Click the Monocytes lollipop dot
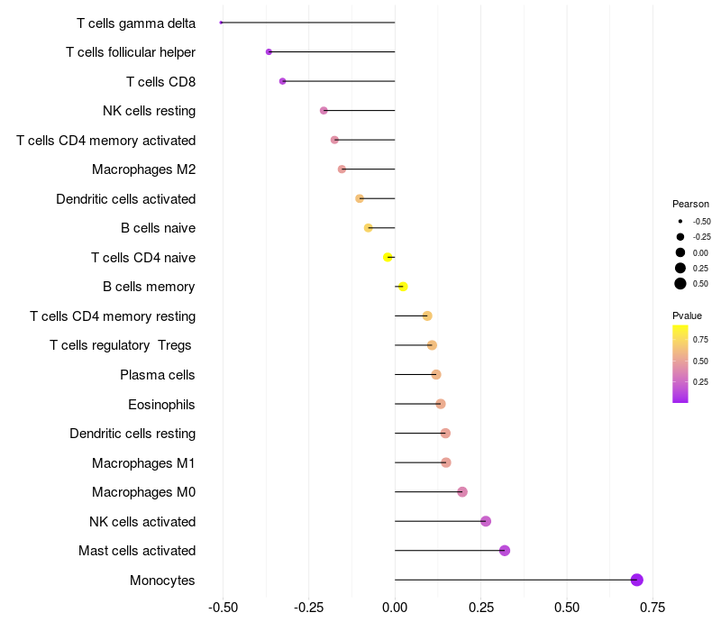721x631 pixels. point(636,580)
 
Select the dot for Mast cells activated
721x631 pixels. point(505,551)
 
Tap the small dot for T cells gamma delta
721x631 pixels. point(221,23)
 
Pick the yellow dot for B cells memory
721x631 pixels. point(403,287)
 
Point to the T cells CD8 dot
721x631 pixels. point(283,81)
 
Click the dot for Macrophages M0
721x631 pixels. point(462,492)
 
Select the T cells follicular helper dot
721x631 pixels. point(269,52)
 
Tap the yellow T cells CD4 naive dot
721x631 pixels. point(388,257)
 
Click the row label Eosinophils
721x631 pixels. point(161,404)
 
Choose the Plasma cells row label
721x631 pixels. point(158,375)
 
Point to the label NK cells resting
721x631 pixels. point(150,111)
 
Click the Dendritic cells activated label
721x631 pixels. point(126,198)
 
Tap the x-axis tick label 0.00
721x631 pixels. point(395,607)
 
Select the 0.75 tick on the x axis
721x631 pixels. point(653,607)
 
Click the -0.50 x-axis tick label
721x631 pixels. point(223,607)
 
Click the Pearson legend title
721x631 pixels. point(690,204)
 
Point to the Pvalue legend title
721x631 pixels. point(687,315)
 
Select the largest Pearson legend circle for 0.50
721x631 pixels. point(680,284)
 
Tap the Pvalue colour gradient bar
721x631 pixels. point(680,363)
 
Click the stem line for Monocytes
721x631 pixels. point(514,580)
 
